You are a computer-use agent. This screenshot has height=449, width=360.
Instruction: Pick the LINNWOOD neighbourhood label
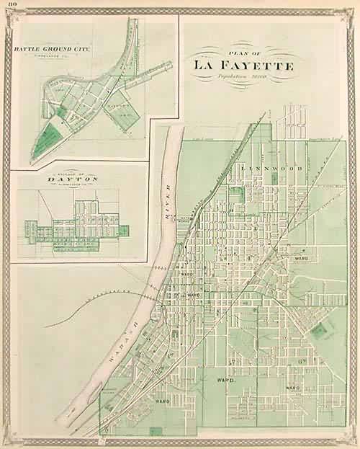[262, 168]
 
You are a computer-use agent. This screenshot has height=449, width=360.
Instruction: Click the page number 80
[6, 6]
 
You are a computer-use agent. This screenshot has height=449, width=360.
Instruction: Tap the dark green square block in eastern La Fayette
[318, 332]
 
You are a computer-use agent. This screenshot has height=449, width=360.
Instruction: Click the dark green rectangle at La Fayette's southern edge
[156, 431]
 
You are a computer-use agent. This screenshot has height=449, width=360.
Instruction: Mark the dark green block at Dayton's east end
[123, 231]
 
